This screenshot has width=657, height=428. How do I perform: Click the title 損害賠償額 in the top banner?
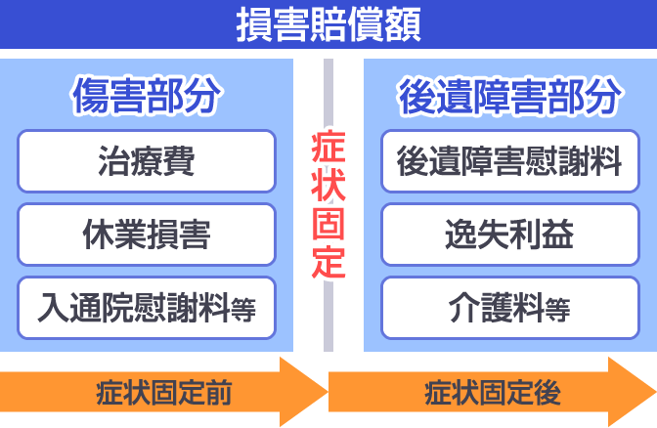click(x=328, y=24)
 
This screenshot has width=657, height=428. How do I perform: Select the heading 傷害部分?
click(x=148, y=97)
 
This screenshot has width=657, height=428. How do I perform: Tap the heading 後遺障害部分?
click(x=509, y=97)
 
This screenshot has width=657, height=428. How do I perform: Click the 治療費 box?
click(x=147, y=162)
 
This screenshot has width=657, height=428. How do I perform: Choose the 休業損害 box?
click(x=147, y=235)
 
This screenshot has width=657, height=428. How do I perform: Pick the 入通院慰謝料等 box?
click(x=147, y=308)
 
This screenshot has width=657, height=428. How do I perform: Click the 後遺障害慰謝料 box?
click(x=509, y=162)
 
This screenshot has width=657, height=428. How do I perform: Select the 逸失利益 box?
click(x=509, y=235)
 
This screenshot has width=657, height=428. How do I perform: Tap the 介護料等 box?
click(x=509, y=308)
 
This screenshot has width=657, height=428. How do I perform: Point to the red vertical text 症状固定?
click(x=328, y=205)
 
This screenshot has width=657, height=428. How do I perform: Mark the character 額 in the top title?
click(x=403, y=24)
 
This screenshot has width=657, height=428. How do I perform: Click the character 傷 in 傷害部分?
click(x=90, y=97)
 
